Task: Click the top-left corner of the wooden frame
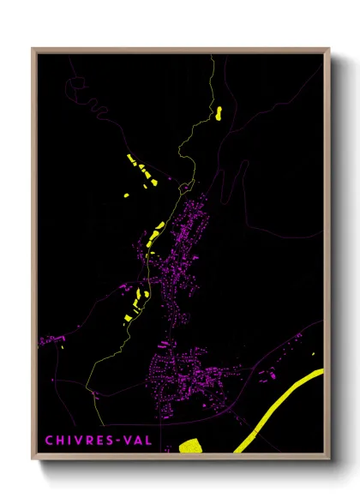(33, 50)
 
